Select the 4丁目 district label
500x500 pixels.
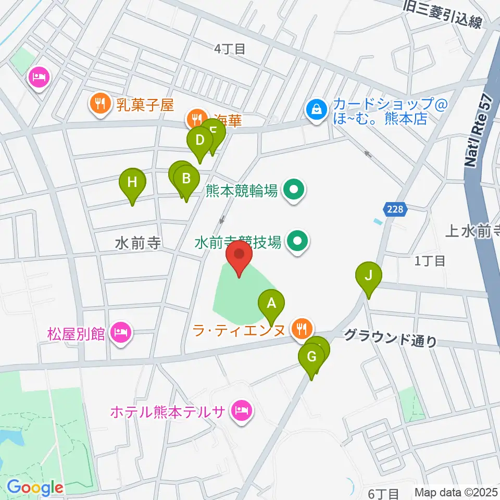(229, 49)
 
